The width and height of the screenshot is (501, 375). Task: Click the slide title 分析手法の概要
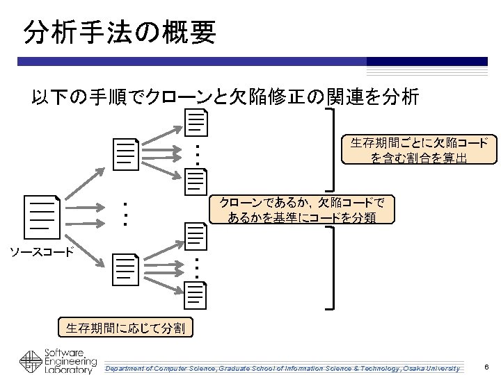coord(120,31)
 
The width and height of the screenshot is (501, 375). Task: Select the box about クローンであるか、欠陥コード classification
coord(301,210)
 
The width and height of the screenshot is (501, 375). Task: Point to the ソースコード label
coord(41,251)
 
